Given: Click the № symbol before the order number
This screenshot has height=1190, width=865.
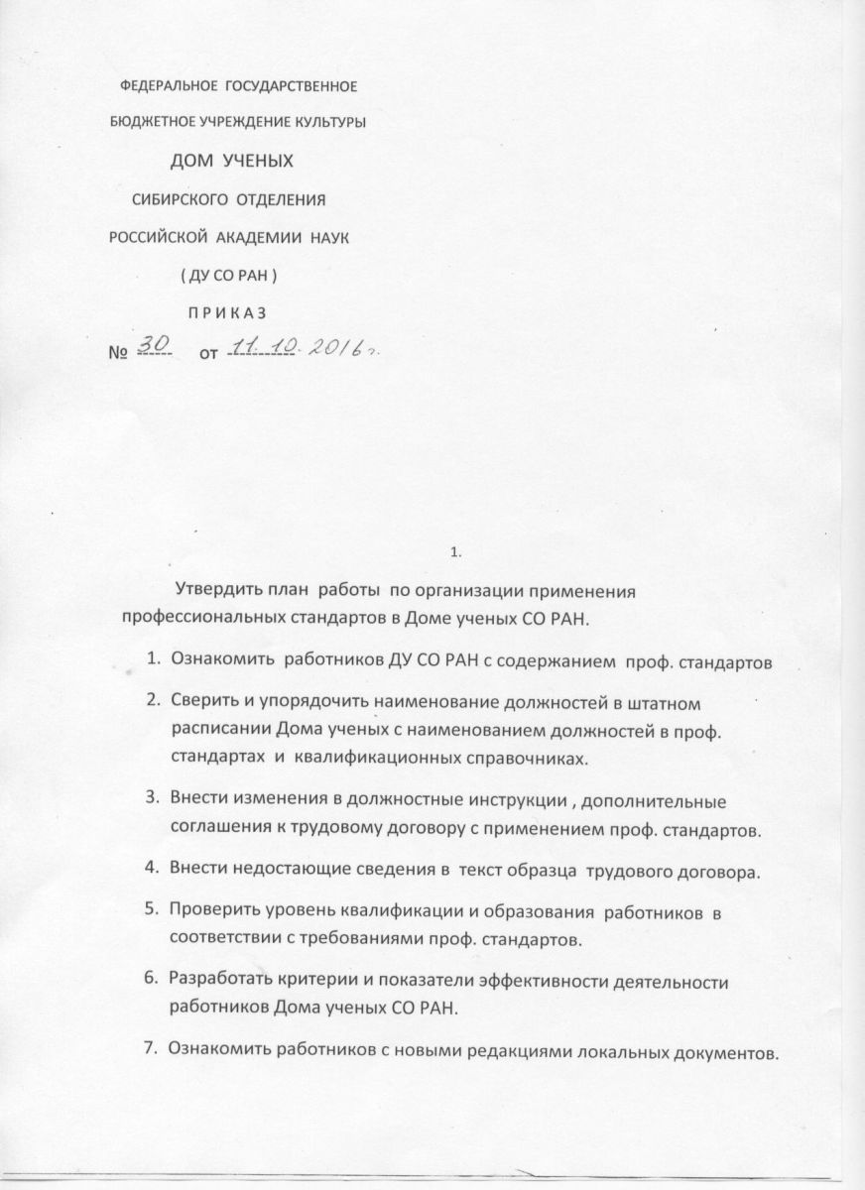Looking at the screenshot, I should point(118,353).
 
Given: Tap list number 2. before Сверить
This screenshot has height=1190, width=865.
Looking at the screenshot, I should point(155,703).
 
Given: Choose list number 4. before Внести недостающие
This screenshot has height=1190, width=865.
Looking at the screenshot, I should point(155,870).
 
